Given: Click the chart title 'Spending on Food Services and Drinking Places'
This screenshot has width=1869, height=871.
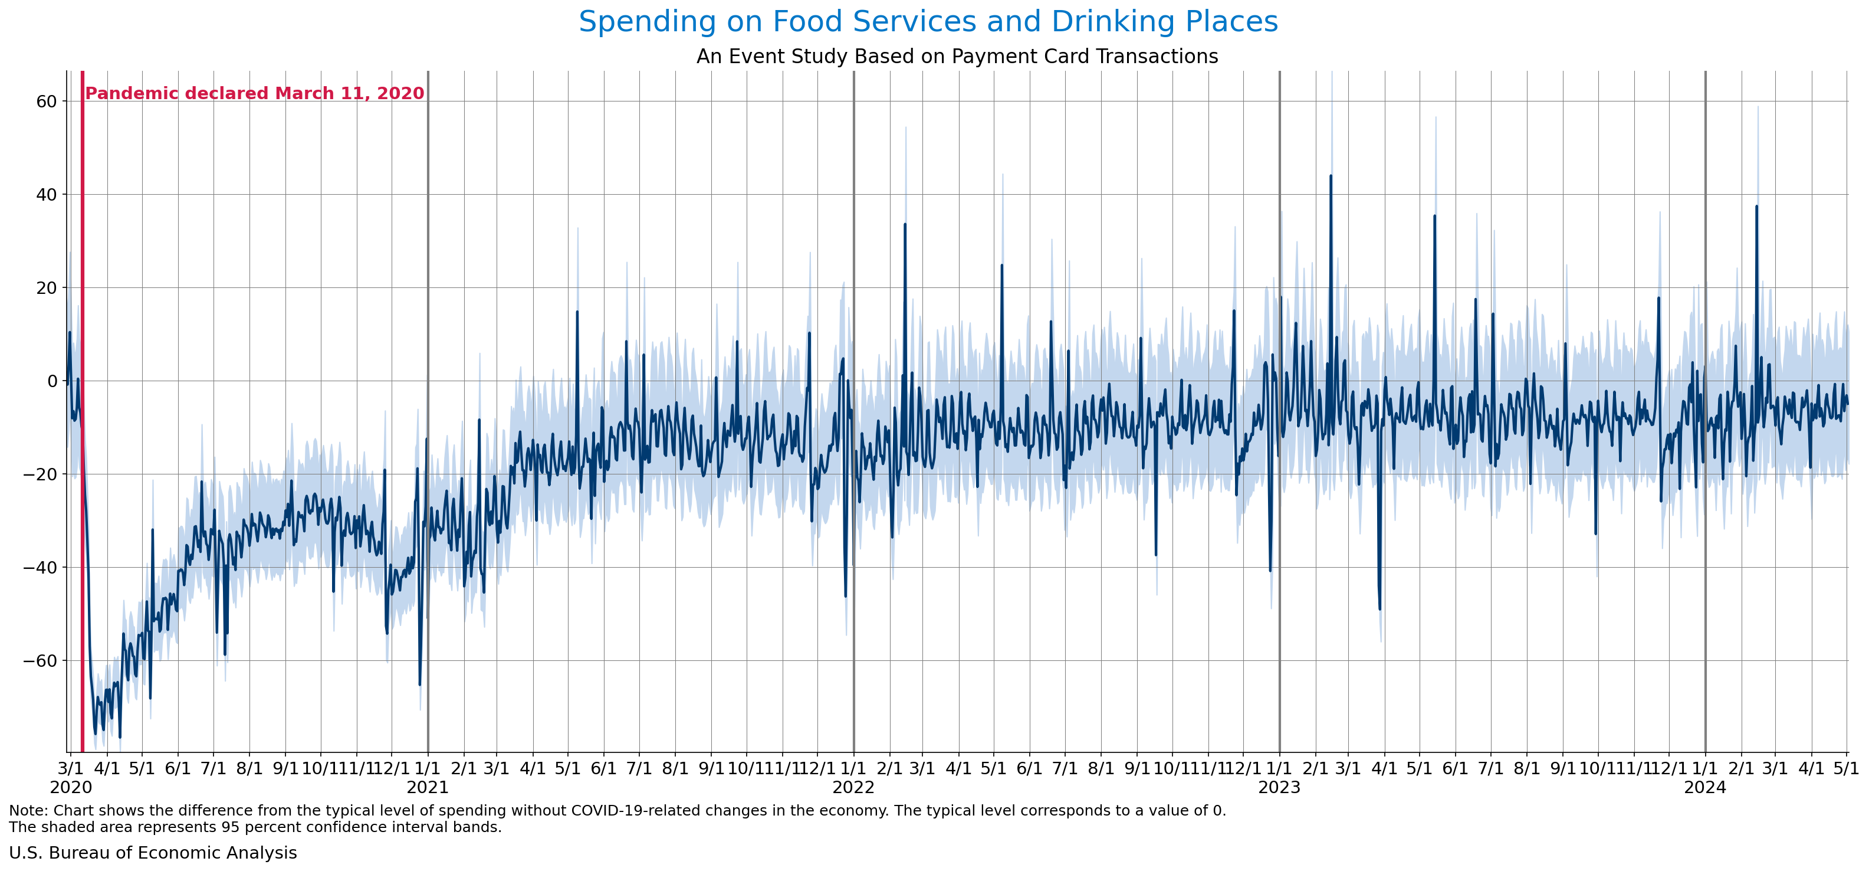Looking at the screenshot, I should pyautogui.click(x=928, y=22).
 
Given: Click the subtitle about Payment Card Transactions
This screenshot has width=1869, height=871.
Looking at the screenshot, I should pyautogui.click(x=957, y=57).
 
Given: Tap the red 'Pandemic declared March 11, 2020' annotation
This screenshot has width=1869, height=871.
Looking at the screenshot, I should pyautogui.click(x=255, y=94).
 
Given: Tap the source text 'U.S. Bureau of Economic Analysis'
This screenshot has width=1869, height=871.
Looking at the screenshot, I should pyautogui.click(x=153, y=853).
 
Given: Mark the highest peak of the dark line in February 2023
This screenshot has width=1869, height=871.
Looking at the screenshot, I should pyautogui.click(x=1331, y=176).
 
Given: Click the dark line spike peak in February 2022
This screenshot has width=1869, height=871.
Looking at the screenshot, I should pyautogui.click(x=905, y=224).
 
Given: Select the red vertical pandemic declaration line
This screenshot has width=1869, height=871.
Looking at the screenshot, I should pyautogui.click(x=83, y=435).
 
